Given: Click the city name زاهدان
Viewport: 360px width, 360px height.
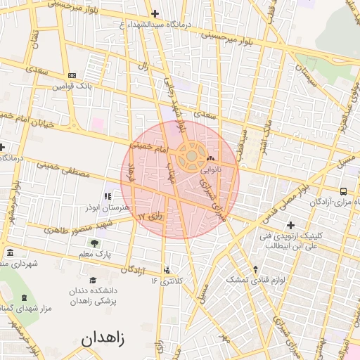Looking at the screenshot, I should pyautogui.click(x=103, y=338).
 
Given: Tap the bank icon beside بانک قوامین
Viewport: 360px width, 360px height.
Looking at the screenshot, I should pyautogui.click(x=72, y=75).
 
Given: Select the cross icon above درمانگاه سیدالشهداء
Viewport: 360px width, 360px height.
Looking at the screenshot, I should pyautogui.click(x=155, y=14).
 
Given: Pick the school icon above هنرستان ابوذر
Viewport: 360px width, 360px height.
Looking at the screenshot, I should pyautogui.click(x=108, y=197).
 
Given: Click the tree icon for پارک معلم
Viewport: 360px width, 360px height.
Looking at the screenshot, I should pyautogui.click(x=95, y=243).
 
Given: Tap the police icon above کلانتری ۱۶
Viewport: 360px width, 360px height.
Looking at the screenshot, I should pyautogui.click(x=167, y=270).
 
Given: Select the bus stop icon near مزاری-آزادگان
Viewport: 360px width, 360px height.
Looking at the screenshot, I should pyautogui.click(x=343, y=191).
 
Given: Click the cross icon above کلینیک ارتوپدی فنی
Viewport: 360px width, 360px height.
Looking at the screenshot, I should pyautogui.click(x=290, y=225).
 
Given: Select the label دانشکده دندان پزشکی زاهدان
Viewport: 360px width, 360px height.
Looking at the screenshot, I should pyautogui.click(x=92, y=295).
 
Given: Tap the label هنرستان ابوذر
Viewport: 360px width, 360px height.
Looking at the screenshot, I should pyautogui.click(x=107, y=209).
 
